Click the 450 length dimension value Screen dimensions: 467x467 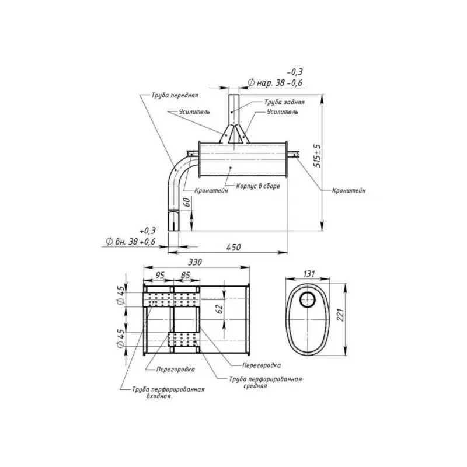(233, 247)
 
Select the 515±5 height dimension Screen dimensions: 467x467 (318, 156)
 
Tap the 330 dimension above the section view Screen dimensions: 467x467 (195, 262)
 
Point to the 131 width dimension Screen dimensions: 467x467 (309, 273)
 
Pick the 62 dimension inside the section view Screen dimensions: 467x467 (219, 309)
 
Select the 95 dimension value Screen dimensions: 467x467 (159, 275)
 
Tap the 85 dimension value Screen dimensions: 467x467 (185, 275)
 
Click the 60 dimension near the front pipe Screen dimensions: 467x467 (186, 202)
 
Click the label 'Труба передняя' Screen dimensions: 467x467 (175, 95)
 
